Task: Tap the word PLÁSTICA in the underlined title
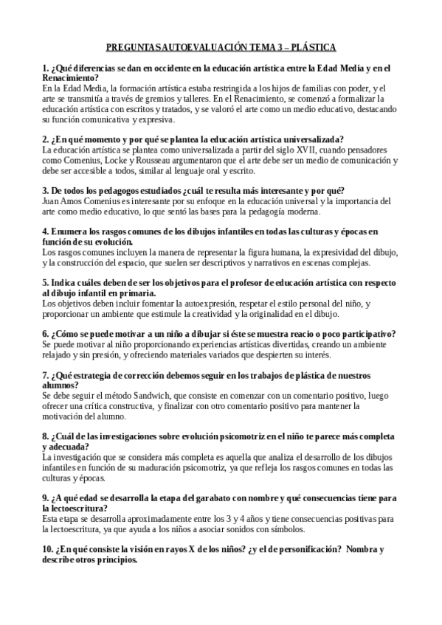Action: [x=314, y=48]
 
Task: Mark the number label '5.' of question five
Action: [x=46, y=282]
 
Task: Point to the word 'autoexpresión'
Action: [x=207, y=303]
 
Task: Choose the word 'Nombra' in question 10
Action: [x=365, y=549]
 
